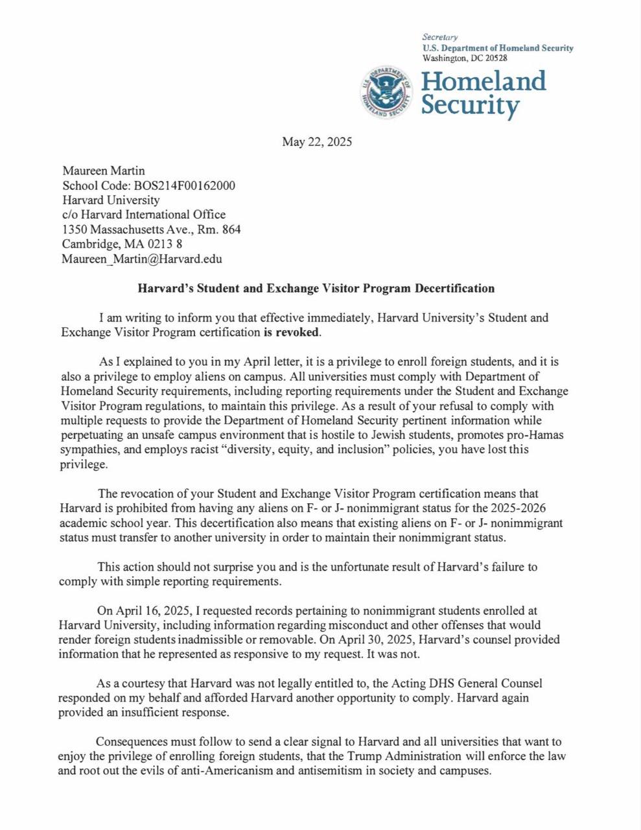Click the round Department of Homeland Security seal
[x=387, y=91]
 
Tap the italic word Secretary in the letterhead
[x=440, y=38]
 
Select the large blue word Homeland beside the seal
[x=484, y=81]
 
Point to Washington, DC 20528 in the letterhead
[x=465, y=58]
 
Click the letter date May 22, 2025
[x=317, y=142]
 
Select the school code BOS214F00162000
[x=185, y=185]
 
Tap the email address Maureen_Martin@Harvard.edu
[x=142, y=259]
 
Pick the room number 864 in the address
[x=231, y=229]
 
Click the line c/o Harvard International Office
[x=144, y=215]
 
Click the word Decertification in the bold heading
[x=454, y=289]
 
